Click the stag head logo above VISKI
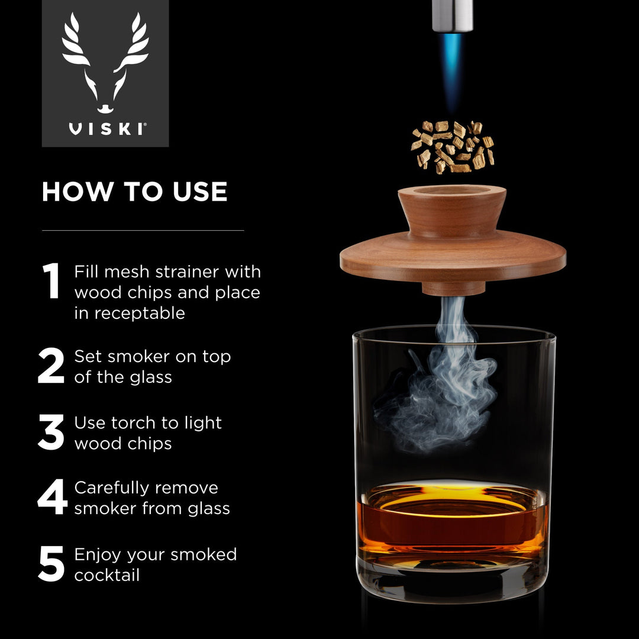click(x=105, y=62)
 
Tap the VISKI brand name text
click(x=106, y=129)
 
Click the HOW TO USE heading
click(x=134, y=192)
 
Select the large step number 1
click(x=51, y=281)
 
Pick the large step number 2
click(x=51, y=366)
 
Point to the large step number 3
click(x=51, y=433)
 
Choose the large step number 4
click(x=52, y=498)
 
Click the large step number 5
click(x=51, y=564)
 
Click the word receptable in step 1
click(x=130, y=314)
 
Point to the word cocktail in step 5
click(x=107, y=575)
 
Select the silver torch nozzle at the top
click(x=453, y=15)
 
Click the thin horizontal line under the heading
click(x=143, y=230)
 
